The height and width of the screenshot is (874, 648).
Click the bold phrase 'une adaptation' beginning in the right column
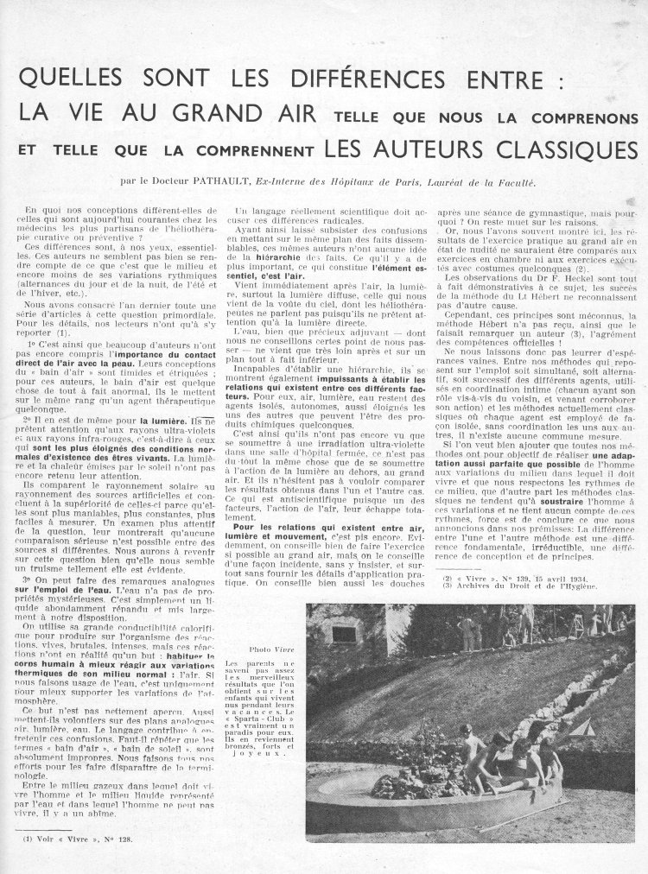pyautogui.click(x=600, y=455)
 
